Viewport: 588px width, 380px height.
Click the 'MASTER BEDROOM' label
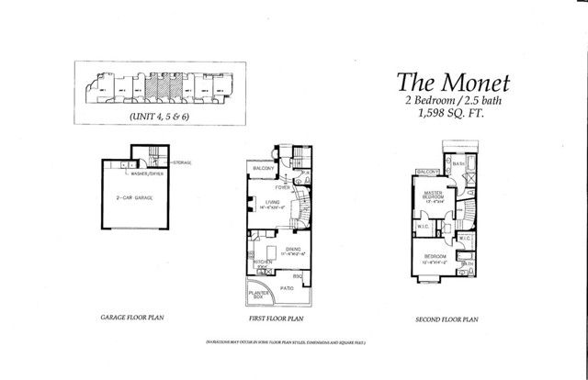coord(433,196)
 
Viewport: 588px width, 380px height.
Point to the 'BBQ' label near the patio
coord(298,275)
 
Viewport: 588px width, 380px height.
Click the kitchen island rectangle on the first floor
coord(270,251)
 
